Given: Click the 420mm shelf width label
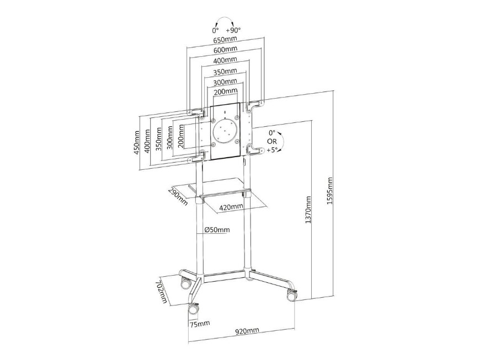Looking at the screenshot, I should [231, 207].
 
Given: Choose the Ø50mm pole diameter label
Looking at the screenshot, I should [216, 229].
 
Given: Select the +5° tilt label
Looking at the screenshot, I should [271, 150].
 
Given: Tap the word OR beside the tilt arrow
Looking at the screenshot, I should [271, 142].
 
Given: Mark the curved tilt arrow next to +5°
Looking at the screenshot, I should [282, 142].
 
